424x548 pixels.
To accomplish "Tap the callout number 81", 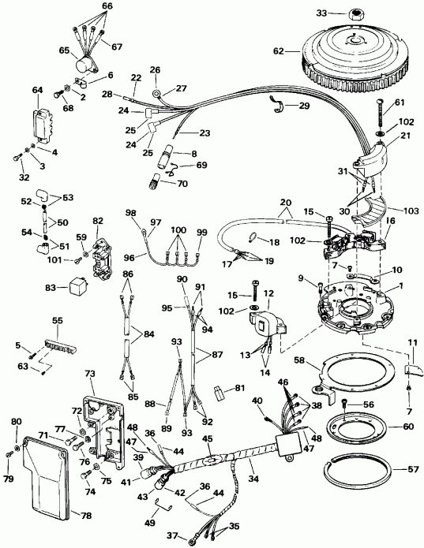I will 240,388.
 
